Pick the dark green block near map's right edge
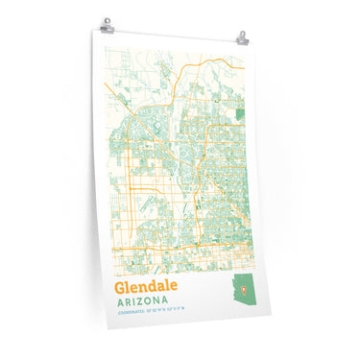tap(239, 113)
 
